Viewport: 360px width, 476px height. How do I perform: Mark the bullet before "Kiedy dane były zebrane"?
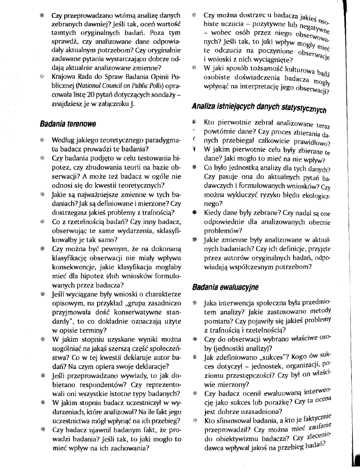coord(194,212)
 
